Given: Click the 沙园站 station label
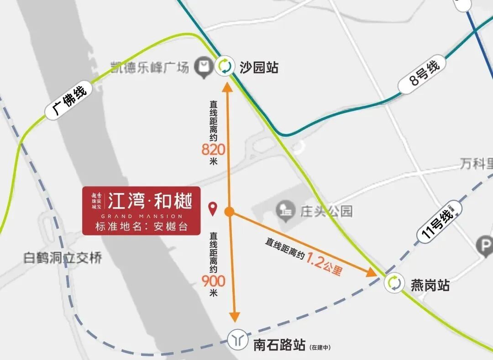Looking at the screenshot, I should tap(258, 68).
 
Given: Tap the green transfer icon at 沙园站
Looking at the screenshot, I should tap(225, 66).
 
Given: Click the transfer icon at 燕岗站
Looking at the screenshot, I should tap(393, 283).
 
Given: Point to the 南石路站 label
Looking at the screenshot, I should tap(279, 344).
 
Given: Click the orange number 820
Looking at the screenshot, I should tap(214, 149).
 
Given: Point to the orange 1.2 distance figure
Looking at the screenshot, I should tap(314, 260).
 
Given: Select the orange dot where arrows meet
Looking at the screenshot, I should tap(230, 211).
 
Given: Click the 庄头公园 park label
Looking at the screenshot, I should tap(326, 211).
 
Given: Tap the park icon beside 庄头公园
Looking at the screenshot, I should tap(286, 210).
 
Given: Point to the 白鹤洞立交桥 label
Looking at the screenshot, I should tap(63, 258).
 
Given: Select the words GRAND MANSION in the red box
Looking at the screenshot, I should tap(142, 216).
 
